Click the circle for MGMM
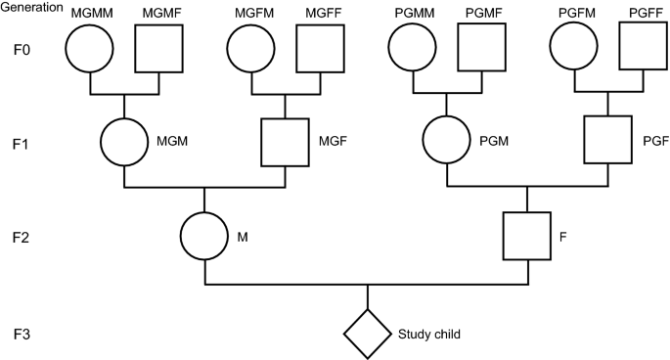tap(91, 47)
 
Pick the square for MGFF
tap(318, 47)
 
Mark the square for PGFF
tap(640, 47)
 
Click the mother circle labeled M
tap(204, 236)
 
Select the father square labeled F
tap(527, 236)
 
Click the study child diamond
tap(367, 334)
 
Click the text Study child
tap(428, 334)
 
